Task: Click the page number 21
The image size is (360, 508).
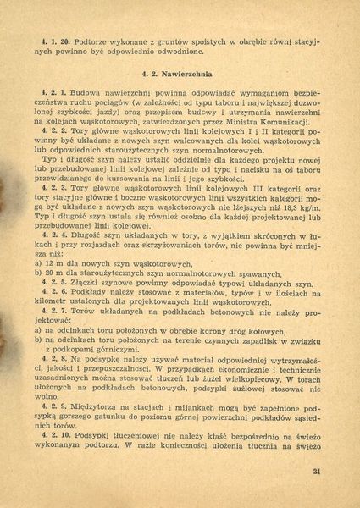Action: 316,472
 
